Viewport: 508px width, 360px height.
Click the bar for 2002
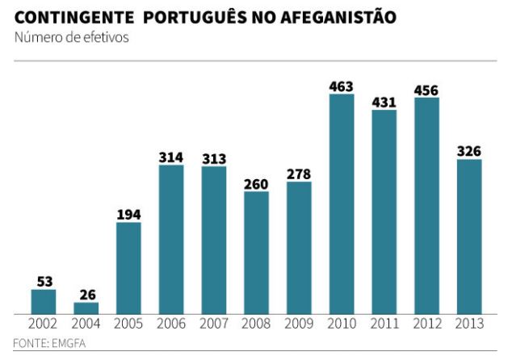[44, 301]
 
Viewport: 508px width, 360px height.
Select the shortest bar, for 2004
[86, 308]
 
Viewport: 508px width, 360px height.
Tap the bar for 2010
[342, 203]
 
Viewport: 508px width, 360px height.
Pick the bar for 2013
[469, 236]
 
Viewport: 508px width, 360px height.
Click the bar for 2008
[256, 252]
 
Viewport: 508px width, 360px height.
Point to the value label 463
[342, 86]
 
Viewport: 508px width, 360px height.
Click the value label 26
[86, 294]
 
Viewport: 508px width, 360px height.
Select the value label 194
[128, 214]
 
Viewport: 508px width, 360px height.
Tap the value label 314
[171, 157]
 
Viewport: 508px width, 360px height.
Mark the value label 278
[299, 174]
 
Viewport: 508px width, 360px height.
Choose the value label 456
[426, 89]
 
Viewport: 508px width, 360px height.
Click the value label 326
[469, 151]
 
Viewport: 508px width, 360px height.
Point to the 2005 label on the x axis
[128, 324]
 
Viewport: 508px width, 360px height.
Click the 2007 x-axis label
[214, 324]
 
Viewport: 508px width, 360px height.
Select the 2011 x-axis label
[384, 324]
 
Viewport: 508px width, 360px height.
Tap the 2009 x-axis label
[299, 324]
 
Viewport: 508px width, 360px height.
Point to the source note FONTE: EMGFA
[49, 343]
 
